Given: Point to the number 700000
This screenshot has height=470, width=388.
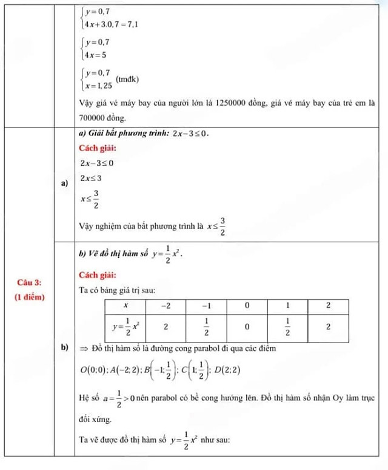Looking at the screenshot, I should (x=93, y=116).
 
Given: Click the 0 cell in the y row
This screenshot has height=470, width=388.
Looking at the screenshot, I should (x=246, y=327).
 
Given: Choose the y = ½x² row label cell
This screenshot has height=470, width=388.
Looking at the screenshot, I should (x=126, y=327).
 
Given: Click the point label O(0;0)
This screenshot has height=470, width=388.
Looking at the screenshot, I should (x=93, y=372).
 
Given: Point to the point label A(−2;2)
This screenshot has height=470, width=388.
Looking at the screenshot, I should (x=127, y=372).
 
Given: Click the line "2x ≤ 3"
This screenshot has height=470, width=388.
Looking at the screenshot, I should (x=90, y=178).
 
